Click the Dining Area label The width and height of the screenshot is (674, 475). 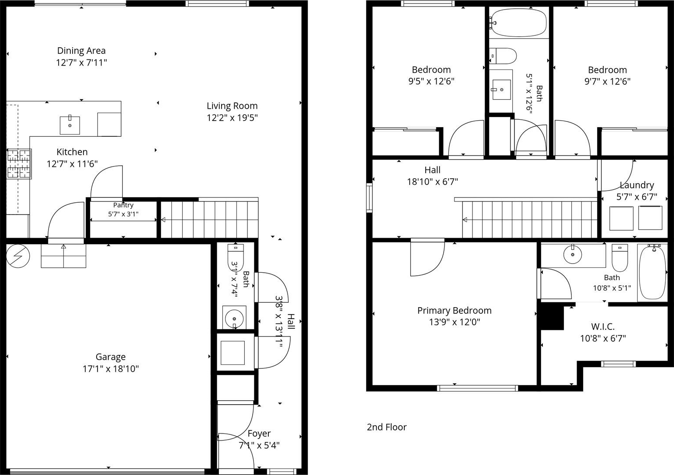[x=81, y=51]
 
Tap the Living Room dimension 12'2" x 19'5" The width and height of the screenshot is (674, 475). [x=232, y=118]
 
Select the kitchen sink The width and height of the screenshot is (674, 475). [x=70, y=125]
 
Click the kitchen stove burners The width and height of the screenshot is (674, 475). [x=19, y=164]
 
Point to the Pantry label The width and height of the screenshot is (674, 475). [x=123, y=205]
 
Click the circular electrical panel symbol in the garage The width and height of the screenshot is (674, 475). [x=18, y=256]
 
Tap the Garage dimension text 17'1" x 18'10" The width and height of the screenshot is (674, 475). [x=111, y=369]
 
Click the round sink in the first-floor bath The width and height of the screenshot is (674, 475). [x=234, y=318]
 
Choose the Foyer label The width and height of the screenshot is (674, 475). [x=259, y=433]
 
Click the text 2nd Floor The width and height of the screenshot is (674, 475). [x=387, y=427]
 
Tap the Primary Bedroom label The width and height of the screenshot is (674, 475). [x=454, y=310]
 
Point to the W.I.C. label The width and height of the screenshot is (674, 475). [x=603, y=326]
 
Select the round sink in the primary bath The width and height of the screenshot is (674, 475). [x=573, y=254]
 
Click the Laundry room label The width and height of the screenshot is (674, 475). [x=637, y=185]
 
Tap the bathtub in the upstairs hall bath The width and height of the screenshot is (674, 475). [x=518, y=23]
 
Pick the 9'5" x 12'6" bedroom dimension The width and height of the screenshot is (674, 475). [x=431, y=81]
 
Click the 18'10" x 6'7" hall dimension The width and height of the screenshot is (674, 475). [x=432, y=182]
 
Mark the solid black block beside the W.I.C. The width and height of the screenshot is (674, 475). [x=552, y=318]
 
